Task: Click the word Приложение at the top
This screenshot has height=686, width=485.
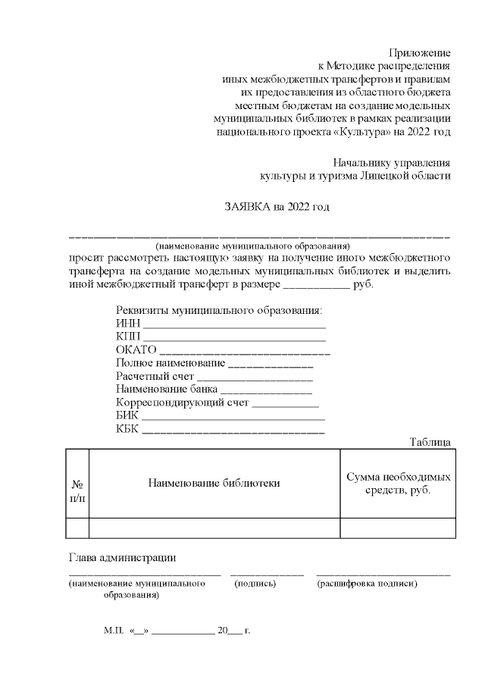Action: pos(420,53)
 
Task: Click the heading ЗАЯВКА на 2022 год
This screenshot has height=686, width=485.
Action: pos(277,206)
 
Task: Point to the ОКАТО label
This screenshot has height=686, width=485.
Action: pos(136,350)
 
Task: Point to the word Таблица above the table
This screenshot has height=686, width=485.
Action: pos(430,442)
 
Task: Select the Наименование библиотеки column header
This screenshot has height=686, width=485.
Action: pos(214,483)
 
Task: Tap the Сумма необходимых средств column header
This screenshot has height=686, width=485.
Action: pos(398,484)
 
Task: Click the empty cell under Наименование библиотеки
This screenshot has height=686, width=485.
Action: pos(214,528)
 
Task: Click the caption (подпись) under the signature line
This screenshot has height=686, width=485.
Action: pos(255,584)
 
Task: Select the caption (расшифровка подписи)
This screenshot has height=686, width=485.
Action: pos(368,584)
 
